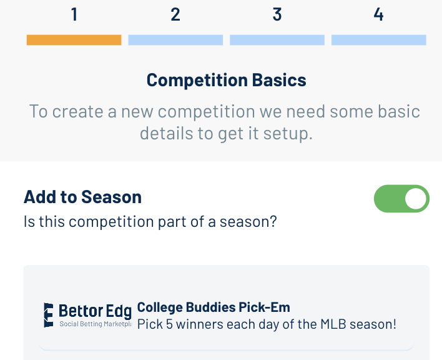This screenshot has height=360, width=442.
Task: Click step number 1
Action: (x=74, y=14)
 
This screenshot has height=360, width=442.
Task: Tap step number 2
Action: (x=175, y=14)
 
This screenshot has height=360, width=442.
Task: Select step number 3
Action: (x=277, y=14)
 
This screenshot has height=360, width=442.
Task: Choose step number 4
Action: (x=378, y=14)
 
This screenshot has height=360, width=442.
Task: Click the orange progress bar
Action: (x=74, y=40)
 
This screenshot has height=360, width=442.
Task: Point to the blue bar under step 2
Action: (x=175, y=40)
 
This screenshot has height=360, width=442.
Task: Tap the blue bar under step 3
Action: (x=277, y=40)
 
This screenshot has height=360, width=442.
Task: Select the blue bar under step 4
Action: (x=378, y=40)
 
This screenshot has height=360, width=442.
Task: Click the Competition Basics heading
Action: (x=227, y=81)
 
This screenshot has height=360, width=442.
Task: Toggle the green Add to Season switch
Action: (x=401, y=199)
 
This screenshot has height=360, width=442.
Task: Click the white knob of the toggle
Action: (x=416, y=199)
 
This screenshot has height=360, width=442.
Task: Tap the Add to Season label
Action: (x=82, y=197)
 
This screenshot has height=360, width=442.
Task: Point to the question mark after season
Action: (x=273, y=221)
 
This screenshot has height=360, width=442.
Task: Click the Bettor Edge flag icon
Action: (x=49, y=315)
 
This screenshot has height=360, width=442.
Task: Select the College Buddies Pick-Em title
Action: (x=214, y=307)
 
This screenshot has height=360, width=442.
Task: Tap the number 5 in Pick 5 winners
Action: (x=169, y=324)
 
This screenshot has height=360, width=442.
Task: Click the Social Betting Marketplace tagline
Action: (x=96, y=324)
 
